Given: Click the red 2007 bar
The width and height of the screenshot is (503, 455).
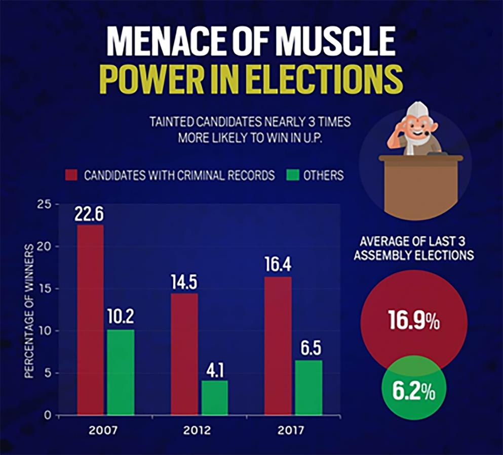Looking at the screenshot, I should point(90,320).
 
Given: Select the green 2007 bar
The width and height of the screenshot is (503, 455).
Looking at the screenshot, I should point(121,373).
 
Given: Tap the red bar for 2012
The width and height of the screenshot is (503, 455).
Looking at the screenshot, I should point(184,354).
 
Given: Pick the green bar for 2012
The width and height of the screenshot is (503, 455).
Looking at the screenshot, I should point(215,398).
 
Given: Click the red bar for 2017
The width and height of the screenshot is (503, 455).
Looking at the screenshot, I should point(278,346).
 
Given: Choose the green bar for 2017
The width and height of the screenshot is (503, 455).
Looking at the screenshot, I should point(308,388).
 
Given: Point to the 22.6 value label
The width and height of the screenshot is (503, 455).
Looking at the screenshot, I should point(89,215).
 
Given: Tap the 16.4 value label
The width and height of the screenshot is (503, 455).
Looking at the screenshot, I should point(277,265).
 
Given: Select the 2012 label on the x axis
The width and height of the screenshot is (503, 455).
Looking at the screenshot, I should point(198,431).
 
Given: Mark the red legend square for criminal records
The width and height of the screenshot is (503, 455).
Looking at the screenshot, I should point(71,175).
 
